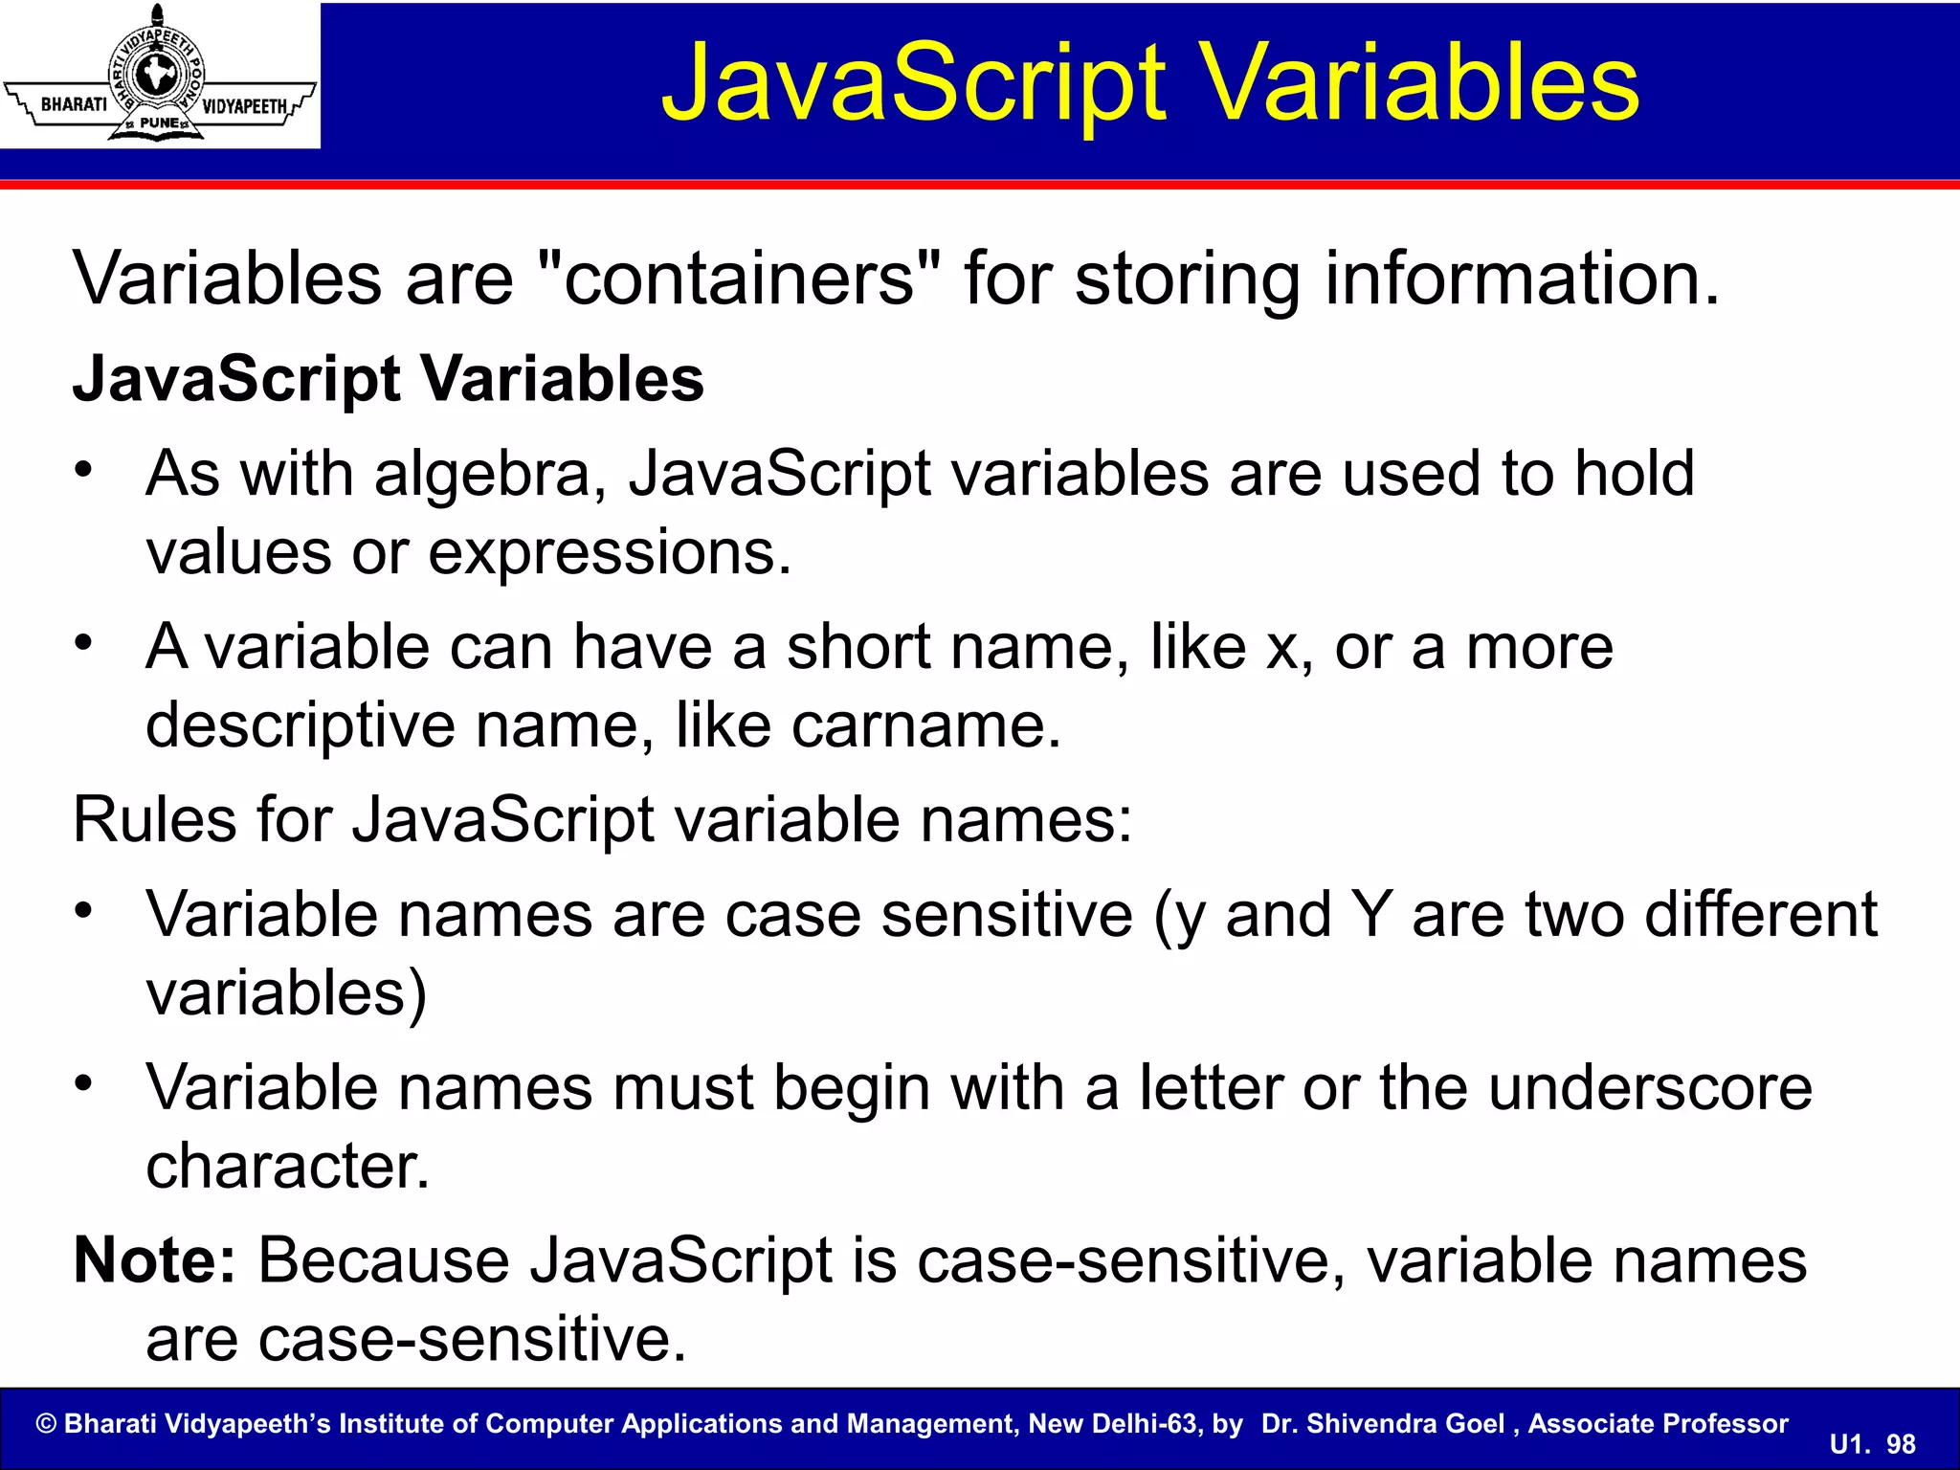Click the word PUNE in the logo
tap(159, 123)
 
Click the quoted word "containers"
tap(740, 278)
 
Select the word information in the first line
tap(1522, 278)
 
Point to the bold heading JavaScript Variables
tap(389, 379)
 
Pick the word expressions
tap(610, 553)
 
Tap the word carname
tap(925, 725)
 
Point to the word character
tap(288, 1167)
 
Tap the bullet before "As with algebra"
tap(85, 470)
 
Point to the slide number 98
tap(1901, 1444)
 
